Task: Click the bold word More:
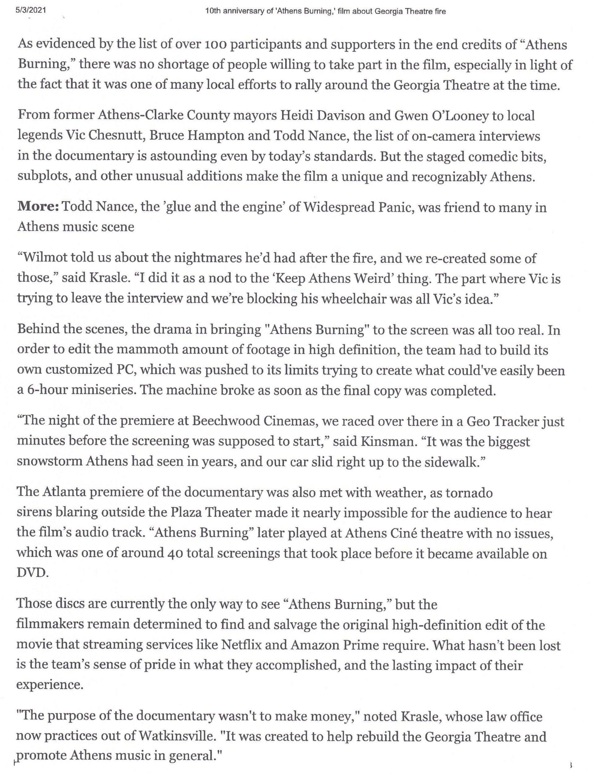(x=38, y=207)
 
